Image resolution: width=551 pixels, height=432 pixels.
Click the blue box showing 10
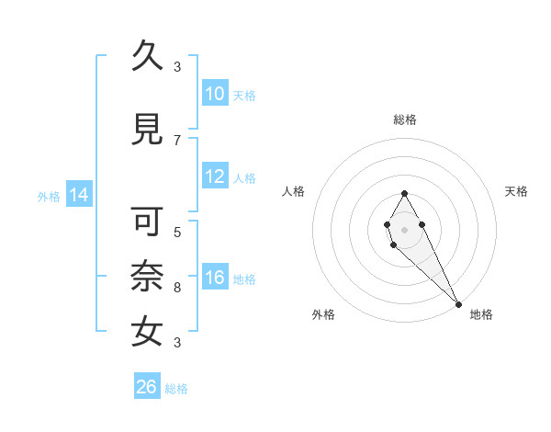(214, 95)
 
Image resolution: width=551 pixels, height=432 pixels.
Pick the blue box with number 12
(214, 177)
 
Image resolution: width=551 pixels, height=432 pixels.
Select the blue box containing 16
(214, 279)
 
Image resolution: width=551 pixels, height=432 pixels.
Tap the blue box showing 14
(78, 196)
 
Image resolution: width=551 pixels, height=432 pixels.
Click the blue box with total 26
(147, 387)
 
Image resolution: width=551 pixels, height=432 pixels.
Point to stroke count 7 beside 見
(177, 140)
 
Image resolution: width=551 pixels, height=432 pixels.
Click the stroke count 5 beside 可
(177, 232)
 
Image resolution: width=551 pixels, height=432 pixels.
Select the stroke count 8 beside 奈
(177, 287)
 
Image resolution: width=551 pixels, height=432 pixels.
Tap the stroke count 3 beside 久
(177, 66)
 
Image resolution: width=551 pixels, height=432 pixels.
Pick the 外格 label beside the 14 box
(48, 197)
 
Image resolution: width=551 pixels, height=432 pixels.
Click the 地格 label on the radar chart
(481, 315)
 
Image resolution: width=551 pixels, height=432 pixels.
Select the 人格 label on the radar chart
(294, 191)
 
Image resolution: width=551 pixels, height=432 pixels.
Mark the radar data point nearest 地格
(458, 303)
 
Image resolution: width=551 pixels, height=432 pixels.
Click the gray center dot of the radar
(404, 229)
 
